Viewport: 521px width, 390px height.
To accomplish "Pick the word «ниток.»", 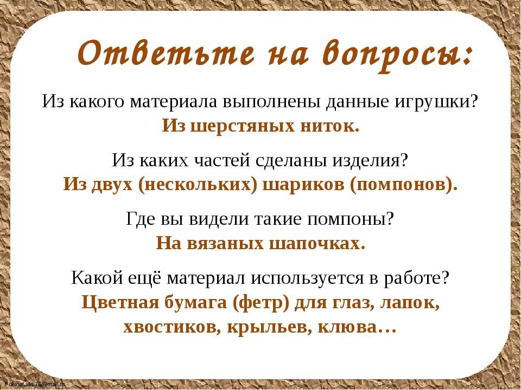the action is (330, 126).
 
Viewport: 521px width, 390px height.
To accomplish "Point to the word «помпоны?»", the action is (350, 219).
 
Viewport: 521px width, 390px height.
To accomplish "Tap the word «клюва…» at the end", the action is (357, 327).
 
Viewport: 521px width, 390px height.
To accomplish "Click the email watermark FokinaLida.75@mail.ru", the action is (35, 384).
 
